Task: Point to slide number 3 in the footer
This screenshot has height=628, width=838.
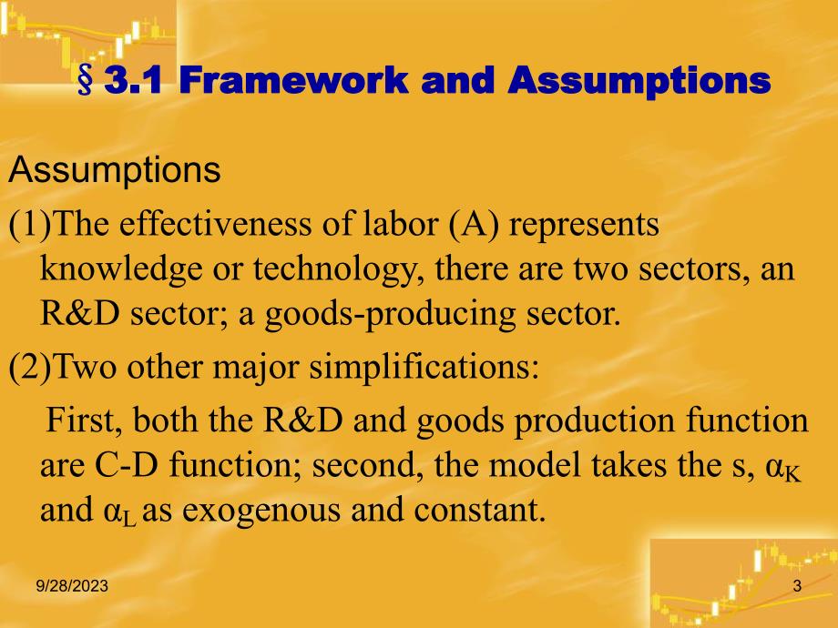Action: [797, 588]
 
